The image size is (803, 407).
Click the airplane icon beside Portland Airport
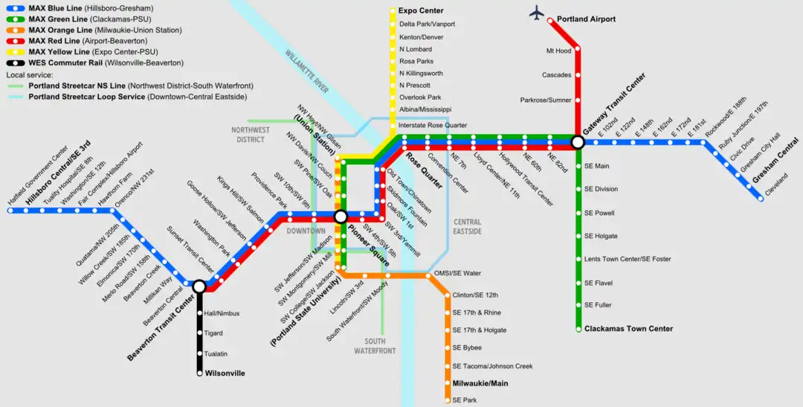pyautogui.click(x=538, y=13)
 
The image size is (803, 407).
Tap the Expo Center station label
pyautogui.click(x=421, y=11)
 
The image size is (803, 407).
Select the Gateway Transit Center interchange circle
pyautogui.click(x=577, y=141)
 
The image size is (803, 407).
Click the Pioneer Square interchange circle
pyautogui.click(x=341, y=217)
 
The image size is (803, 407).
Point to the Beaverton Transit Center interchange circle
pyautogui.click(x=199, y=286)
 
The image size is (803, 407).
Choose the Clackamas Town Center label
pyautogui.click(x=628, y=329)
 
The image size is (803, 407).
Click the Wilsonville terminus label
pyautogui.click(x=225, y=374)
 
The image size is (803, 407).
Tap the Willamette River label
pyautogui.click(x=307, y=71)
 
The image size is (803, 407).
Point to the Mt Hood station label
pyautogui.click(x=558, y=51)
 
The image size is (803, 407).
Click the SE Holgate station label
pyautogui.click(x=601, y=237)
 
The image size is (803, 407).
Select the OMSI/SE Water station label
pyautogui.click(x=457, y=273)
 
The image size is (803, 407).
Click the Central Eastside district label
pyautogui.click(x=467, y=227)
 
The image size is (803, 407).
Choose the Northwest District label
pyautogui.click(x=251, y=135)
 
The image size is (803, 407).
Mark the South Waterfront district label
pyautogui.click(x=375, y=346)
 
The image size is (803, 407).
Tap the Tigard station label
pyautogui.click(x=213, y=333)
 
